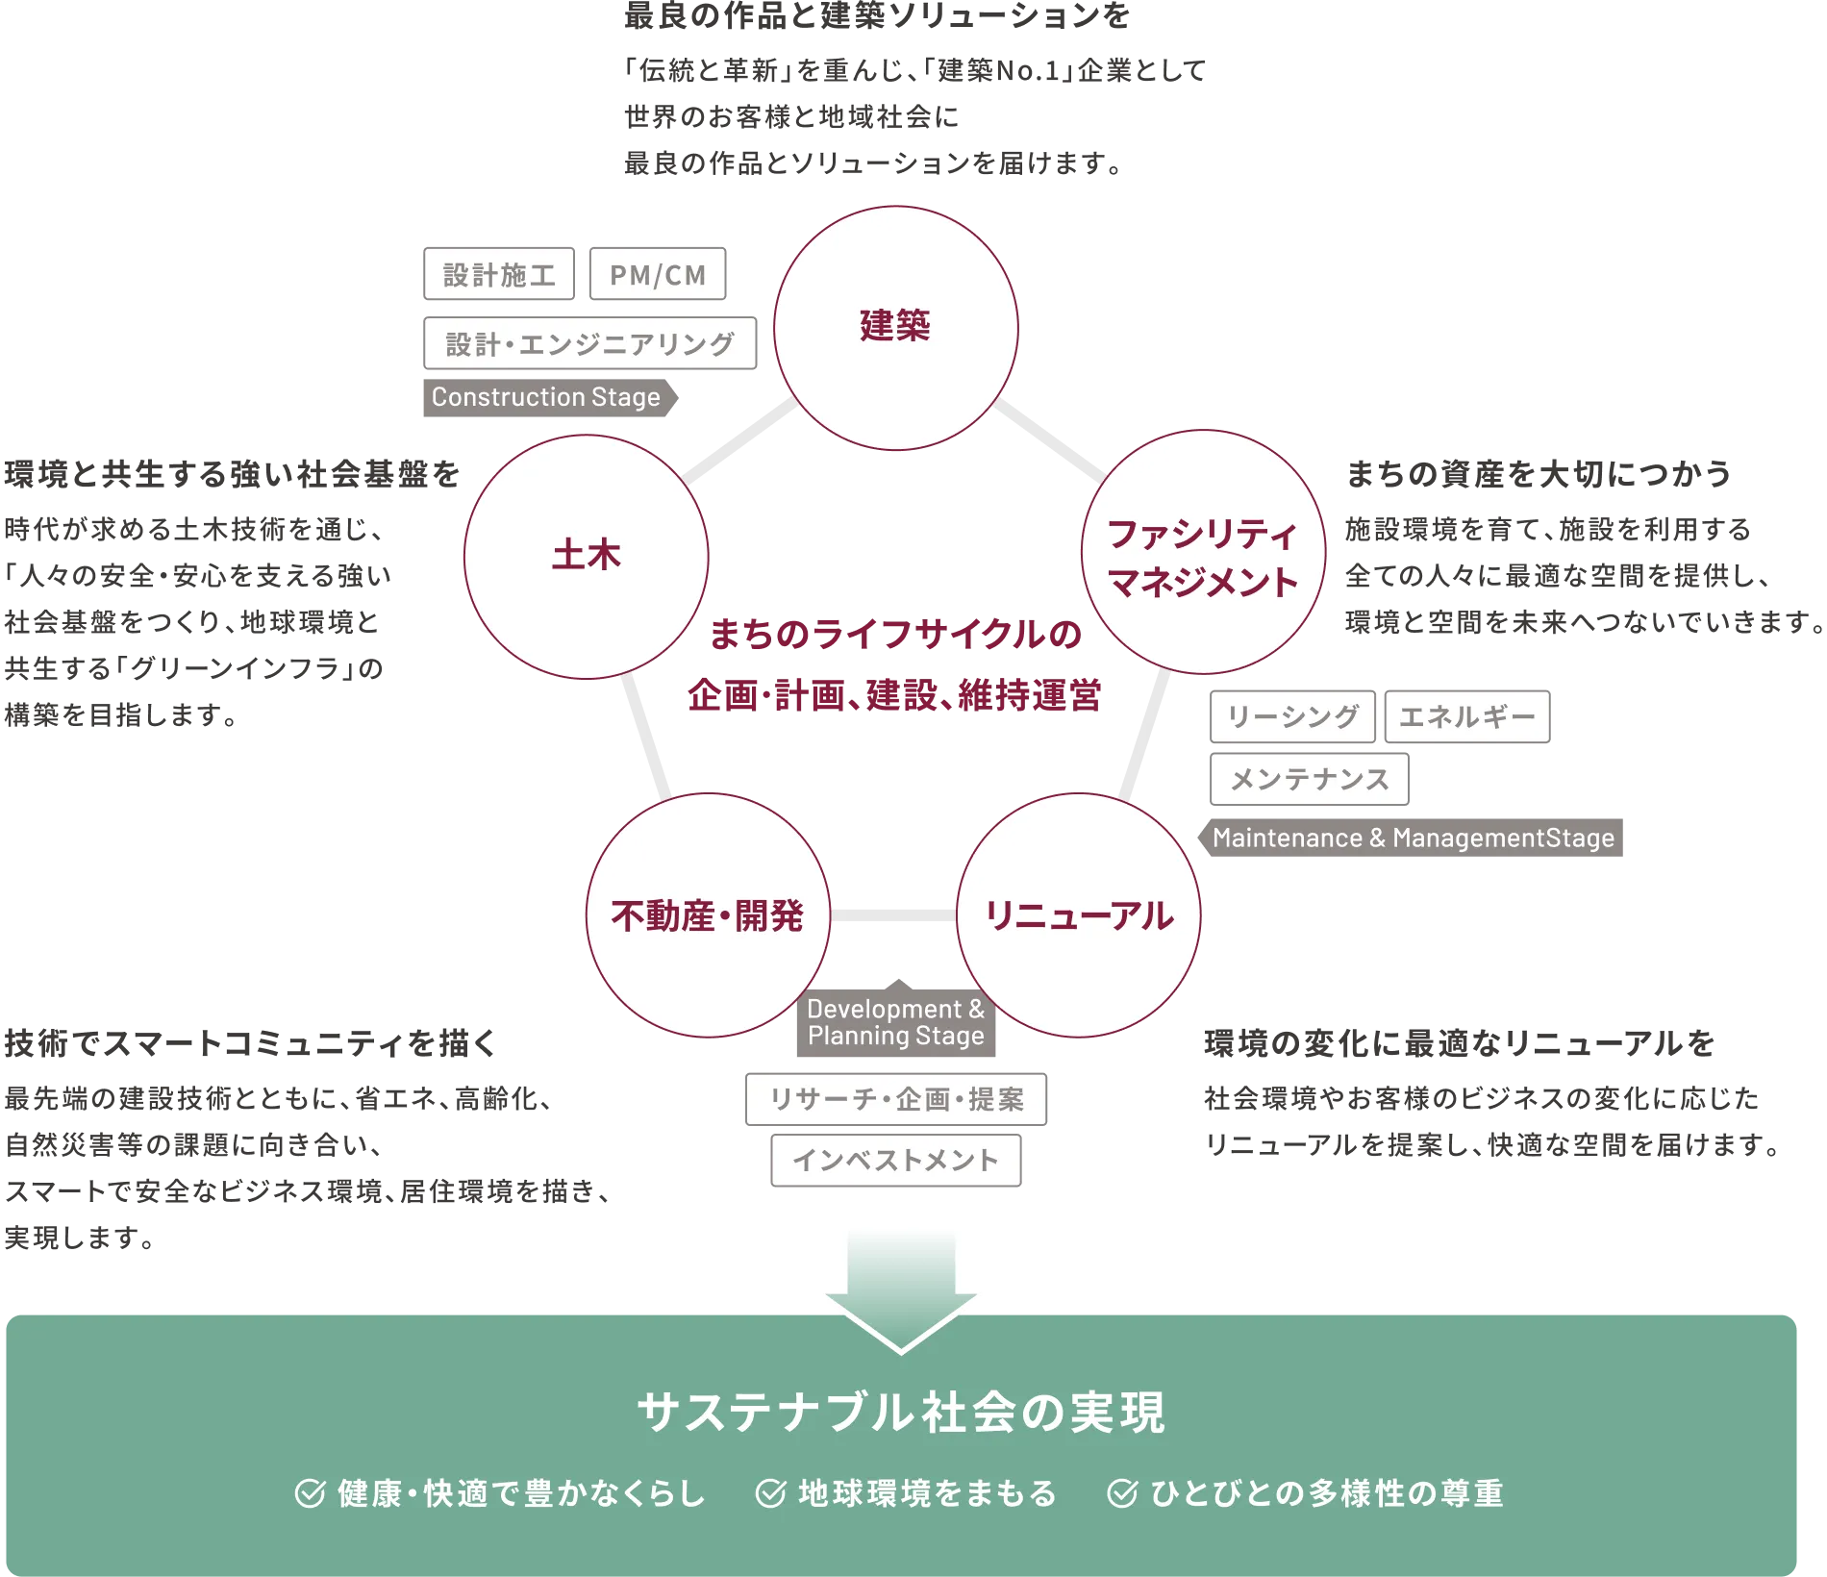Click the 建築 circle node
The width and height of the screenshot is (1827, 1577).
tap(895, 327)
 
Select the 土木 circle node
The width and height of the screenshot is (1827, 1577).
tap(586, 556)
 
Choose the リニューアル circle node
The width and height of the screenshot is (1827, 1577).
tap(1078, 915)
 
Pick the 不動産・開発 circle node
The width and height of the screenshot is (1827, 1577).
tap(708, 915)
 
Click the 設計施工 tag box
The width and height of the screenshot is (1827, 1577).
tap(499, 275)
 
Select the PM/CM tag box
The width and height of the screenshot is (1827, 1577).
tap(658, 275)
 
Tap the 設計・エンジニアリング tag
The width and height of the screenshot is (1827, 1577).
tap(590, 343)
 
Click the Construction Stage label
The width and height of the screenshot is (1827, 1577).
tap(546, 397)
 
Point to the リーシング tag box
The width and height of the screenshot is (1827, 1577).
tap(1292, 716)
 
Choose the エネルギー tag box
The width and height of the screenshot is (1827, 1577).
tap(1467, 716)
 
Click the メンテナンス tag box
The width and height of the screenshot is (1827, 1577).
tap(1309, 779)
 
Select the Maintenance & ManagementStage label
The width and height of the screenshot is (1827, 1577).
tap(1413, 838)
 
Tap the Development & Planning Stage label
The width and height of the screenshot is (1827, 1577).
tap(895, 1022)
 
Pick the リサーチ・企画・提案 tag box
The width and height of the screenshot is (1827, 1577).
tap(895, 1099)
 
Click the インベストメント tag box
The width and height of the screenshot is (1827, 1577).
tap(895, 1161)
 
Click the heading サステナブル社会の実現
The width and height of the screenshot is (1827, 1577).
tap(900, 1413)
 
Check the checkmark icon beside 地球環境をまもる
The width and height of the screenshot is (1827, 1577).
tap(770, 1493)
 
